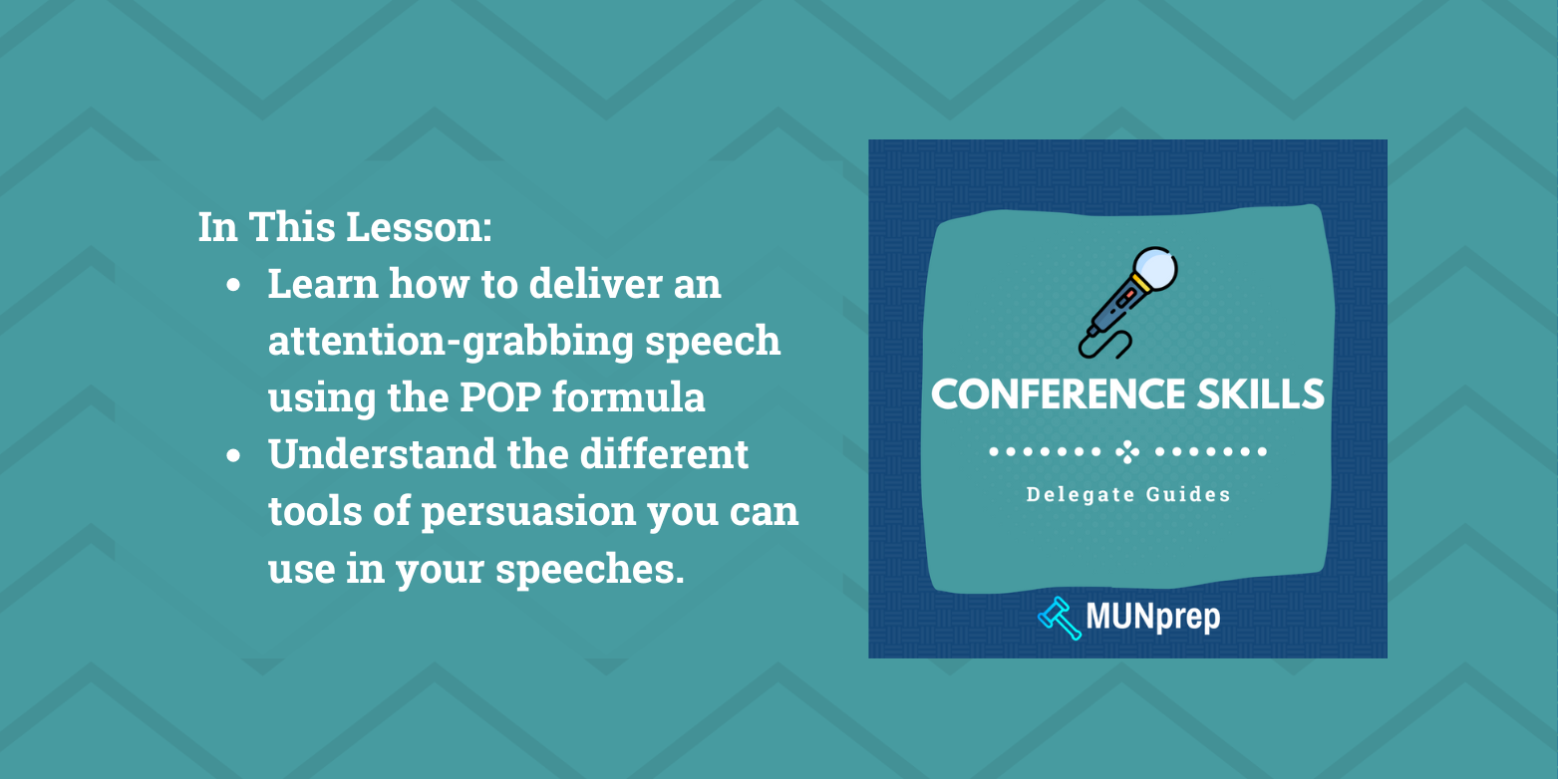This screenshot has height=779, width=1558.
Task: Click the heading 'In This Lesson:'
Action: pyautogui.click(x=345, y=227)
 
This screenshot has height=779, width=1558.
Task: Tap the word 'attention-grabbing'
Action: pyautogui.click(x=439, y=342)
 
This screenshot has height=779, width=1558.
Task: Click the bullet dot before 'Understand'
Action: pyautogui.click(x=233, y=456)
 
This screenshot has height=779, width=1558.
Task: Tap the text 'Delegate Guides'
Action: pyautogui.click(x=1128, y=494)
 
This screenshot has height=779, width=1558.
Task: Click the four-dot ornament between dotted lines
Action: pyautogui.click(x=1127, y=452)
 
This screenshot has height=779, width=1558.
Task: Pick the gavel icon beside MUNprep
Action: pyautogui.click(x=1059, y=618)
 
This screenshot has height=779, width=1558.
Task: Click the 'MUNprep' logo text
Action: pyautogui.click(x=1153, y=618)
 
